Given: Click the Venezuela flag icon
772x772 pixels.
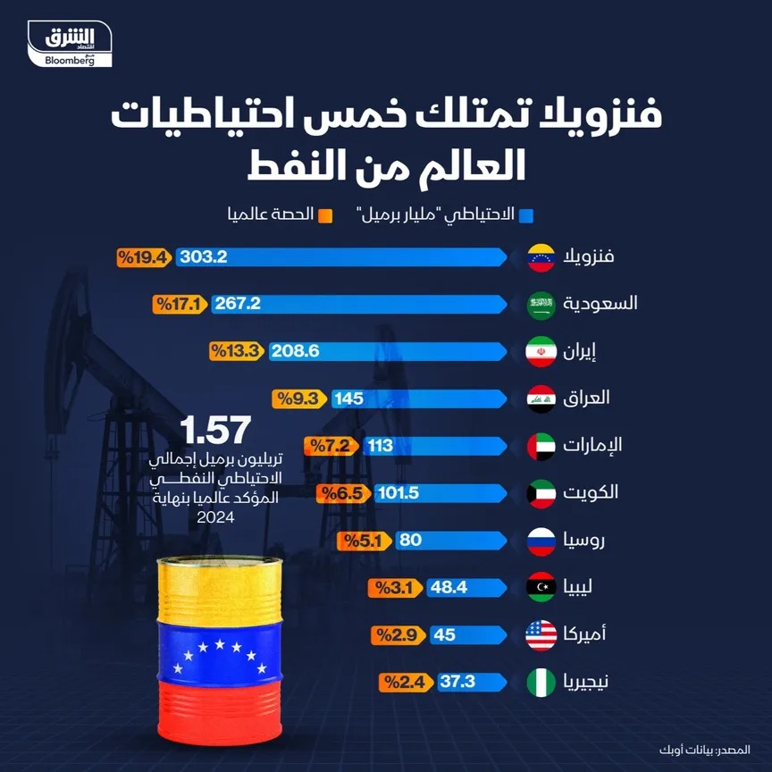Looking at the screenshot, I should (541, 256).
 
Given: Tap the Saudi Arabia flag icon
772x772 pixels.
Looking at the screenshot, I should (541, 304).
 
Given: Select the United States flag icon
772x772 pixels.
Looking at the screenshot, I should (541, 635).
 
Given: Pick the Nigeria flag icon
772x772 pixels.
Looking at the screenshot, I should (541, 683).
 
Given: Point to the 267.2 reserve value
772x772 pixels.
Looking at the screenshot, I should (238, 304).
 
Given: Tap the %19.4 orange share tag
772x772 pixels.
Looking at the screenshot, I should (143, 257).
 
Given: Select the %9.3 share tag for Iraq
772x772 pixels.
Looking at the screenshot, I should (297, 399).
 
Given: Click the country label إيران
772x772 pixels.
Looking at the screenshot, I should (582, 351).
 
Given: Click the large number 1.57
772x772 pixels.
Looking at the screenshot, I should (212, 430).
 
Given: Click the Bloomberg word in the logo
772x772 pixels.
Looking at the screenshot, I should (69, 60).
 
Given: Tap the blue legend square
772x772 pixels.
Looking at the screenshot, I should (527, 215).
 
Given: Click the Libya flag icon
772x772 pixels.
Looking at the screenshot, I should (541, 588).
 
